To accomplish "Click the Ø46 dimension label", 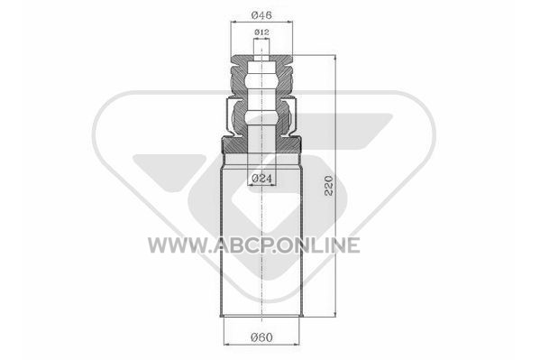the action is click(261, 15).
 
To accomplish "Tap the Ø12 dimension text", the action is click(261, 32).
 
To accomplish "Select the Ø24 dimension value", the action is click(261, 179).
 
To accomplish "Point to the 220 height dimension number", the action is click(329, 186).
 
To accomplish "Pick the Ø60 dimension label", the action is click(261, 337).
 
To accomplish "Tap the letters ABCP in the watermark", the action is click(242, 245).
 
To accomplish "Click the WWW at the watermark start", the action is click(176, 245).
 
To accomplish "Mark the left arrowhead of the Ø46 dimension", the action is click(233, 22).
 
